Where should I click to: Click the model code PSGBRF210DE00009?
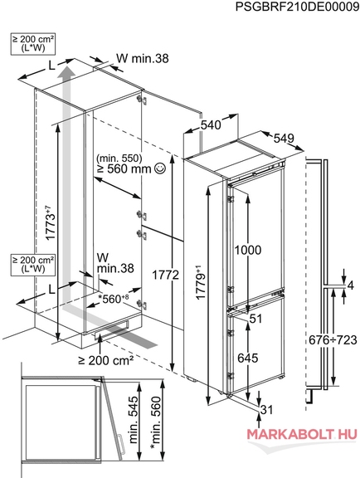(297, 7)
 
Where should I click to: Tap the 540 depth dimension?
(211, 124)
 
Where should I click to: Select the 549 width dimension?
(284, 138)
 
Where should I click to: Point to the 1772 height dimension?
(166, 275)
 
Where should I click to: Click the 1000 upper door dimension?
(248, 250)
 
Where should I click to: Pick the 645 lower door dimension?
(247, 358)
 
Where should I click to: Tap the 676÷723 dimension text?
(333, 339)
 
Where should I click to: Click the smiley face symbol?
(160, 168)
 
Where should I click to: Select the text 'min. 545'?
(134, 419)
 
